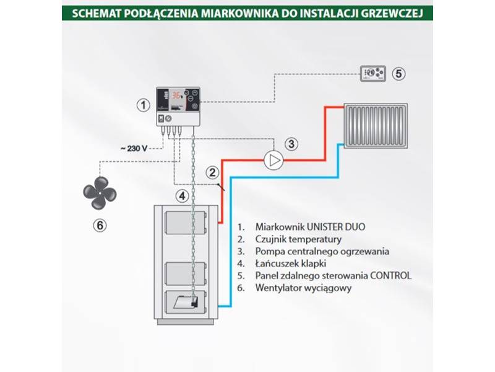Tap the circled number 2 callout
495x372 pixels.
pos(212,173)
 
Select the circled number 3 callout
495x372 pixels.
pos(292,144)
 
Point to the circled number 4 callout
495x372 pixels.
pos(181,197)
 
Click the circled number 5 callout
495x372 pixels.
pos(399,73)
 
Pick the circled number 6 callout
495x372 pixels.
pos(100,225)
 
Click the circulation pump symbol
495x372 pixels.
pos(273,161)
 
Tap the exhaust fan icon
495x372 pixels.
pos(100,189)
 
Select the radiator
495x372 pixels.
pos(376,126)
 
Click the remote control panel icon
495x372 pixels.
pos(374,73)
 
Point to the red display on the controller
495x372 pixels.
pos(178,96)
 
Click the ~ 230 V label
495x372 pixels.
pos(134,148)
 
